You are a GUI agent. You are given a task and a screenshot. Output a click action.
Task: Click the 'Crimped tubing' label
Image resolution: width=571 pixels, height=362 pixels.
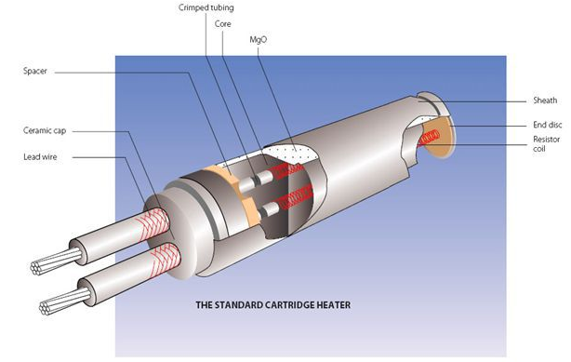(206, 7)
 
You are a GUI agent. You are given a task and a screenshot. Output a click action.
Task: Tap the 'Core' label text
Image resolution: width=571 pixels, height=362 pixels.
(223, 23)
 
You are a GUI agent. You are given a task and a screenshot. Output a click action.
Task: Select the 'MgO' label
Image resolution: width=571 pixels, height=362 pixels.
(259, 39)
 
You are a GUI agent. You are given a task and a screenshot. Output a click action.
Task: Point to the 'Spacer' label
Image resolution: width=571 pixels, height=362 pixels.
(35, 71)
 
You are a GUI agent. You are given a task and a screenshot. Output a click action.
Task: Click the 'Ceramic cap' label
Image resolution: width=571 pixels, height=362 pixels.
(45, 130)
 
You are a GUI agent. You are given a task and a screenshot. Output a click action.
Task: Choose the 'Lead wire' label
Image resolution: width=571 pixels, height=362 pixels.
(40, 156)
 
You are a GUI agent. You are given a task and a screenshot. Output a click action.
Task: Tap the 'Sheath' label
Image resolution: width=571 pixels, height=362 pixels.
(545, 101)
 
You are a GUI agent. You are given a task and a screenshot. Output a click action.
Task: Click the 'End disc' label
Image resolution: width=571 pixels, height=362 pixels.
(548, 125)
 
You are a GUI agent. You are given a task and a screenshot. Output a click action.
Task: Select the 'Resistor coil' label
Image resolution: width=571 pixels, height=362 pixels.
(546, 143)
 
